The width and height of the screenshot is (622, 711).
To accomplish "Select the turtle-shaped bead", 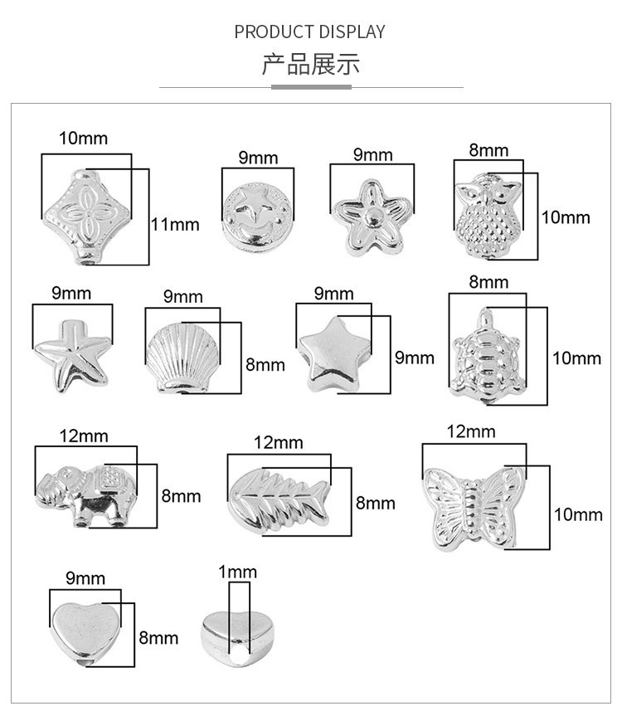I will click(488, 356).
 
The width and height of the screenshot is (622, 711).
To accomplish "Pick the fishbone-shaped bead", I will click(279, 498).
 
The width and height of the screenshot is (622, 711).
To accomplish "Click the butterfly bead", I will click(473, 506).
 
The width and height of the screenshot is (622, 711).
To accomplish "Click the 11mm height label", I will click(175, 224).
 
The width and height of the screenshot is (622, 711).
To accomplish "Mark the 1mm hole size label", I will click(238, 572).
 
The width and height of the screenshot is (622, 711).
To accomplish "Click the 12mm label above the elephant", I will click(84, 436).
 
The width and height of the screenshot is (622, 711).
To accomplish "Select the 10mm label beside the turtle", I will click(576, 358).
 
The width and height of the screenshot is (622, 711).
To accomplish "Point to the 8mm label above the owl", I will click(488, 150).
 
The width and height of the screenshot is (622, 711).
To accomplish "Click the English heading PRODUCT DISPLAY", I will click(309, 32).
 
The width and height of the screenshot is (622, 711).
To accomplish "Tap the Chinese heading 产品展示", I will click(311, 64).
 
